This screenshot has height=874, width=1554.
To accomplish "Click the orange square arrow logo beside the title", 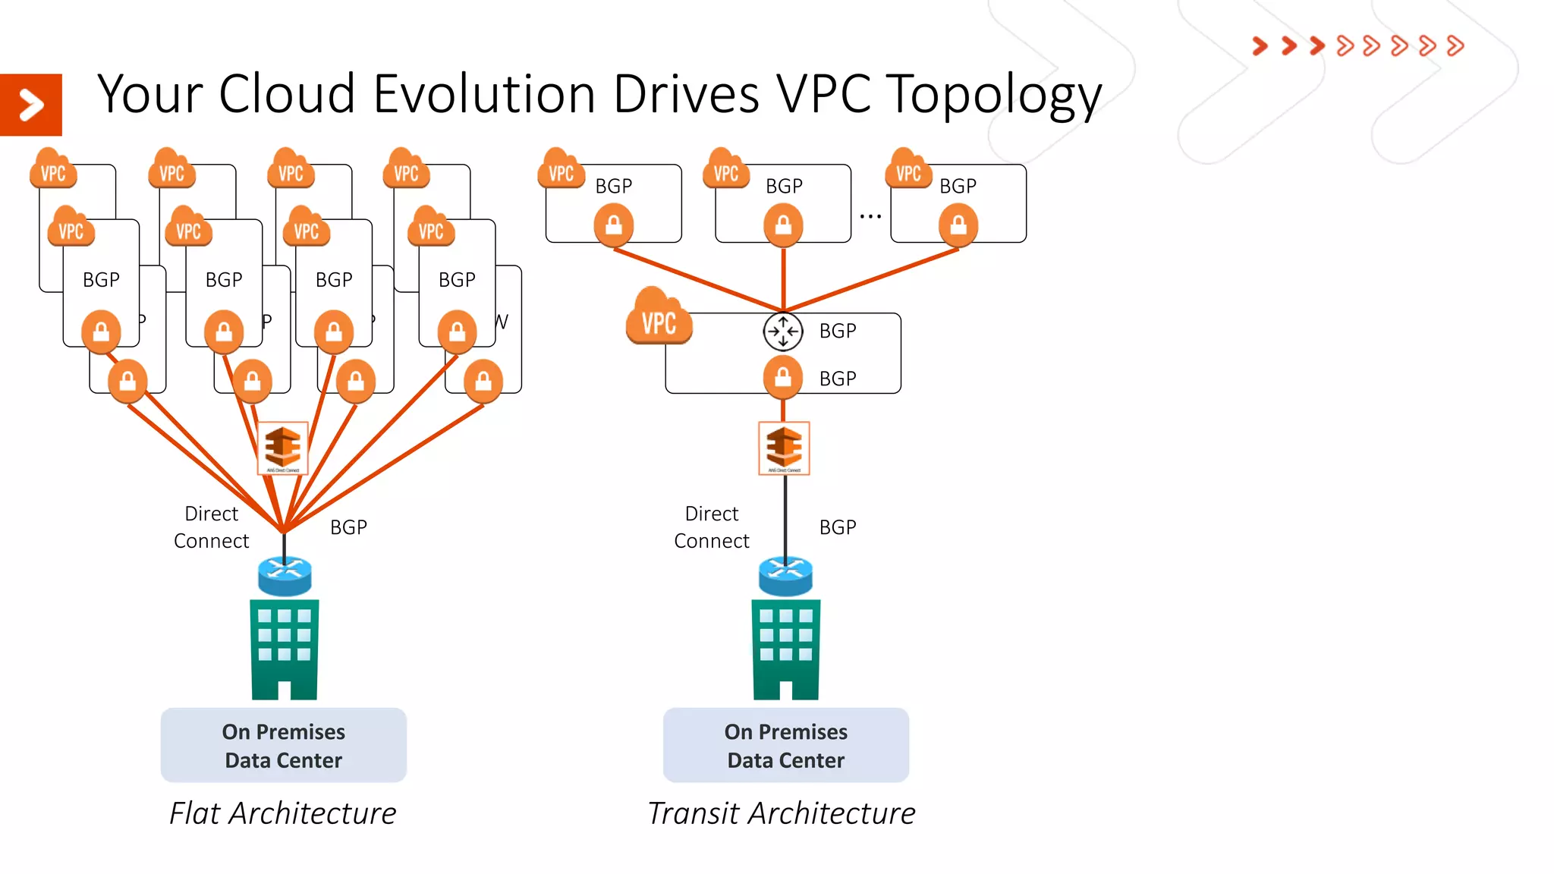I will tap(31, 105).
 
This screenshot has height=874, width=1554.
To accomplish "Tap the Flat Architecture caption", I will tap(282, 813).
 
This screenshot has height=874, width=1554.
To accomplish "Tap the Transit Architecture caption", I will tap(781, 813).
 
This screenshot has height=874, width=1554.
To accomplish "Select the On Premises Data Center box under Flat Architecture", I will tap(283, 745).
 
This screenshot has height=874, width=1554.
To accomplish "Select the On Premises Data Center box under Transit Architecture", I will tap(785, 745).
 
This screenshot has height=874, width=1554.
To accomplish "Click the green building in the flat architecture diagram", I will tap(285, 649).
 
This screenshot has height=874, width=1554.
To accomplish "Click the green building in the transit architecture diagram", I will tap(785, 649).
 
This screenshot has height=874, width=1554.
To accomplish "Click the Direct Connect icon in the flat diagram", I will tap(283, 448).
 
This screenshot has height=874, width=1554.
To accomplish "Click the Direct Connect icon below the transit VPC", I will tap(784, 448).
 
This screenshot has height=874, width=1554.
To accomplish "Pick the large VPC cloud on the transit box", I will tap(659, 319).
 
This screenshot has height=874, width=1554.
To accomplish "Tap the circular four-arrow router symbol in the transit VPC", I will tap(782, 332).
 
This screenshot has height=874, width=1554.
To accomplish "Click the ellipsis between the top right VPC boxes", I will tap(870, 216).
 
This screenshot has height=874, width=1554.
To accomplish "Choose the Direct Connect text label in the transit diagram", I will tap(711, 527).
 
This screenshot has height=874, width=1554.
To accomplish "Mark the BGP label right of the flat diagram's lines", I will tap(348, 527).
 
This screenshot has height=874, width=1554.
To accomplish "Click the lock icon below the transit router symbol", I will tap(783, 377).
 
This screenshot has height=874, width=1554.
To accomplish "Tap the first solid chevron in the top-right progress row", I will tap(1260, 46).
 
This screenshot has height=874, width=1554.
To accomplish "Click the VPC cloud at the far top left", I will tap(53, 170).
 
